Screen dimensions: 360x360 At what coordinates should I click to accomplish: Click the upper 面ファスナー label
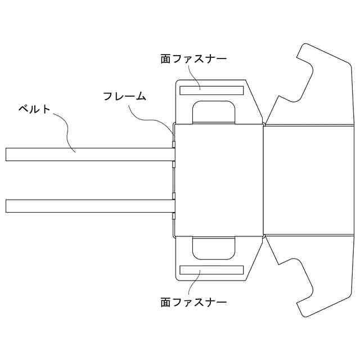[193, 58]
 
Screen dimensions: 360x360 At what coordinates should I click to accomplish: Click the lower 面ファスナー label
[193, 302]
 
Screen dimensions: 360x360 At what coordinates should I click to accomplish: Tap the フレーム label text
[124, 96]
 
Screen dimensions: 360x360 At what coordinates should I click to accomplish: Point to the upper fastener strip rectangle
[211, 90]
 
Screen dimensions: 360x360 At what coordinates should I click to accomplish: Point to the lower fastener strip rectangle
[211, 270]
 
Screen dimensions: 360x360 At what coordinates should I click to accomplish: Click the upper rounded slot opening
[214, 111]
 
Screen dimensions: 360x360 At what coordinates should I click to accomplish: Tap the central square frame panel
[218, 180]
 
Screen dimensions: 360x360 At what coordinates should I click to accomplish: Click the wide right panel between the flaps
[309, 180]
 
